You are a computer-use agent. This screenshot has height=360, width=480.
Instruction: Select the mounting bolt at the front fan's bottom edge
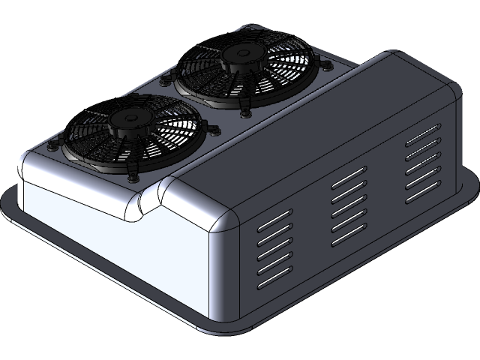(133, 178)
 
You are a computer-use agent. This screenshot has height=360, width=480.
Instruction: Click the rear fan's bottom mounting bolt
(244, 113)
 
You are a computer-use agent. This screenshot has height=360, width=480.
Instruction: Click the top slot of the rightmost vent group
(422, 139)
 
